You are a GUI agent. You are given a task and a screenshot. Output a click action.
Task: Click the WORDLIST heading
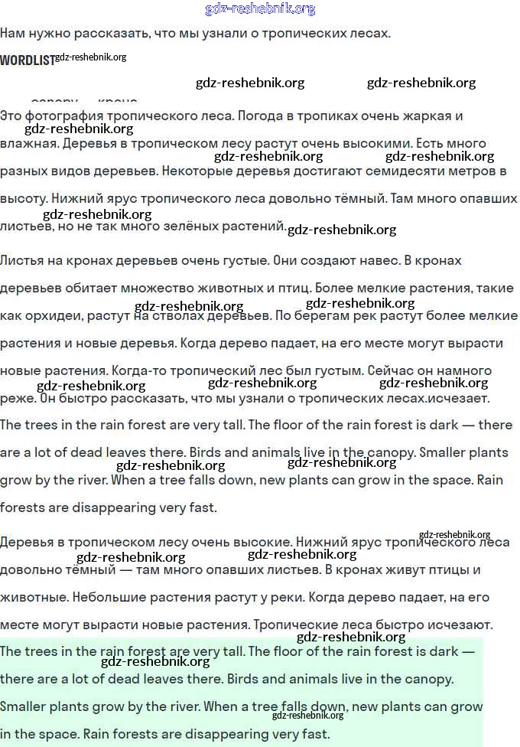28,60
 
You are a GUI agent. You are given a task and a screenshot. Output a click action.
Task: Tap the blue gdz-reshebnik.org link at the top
260,9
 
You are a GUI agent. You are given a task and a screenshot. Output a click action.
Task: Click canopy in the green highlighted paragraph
428,679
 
